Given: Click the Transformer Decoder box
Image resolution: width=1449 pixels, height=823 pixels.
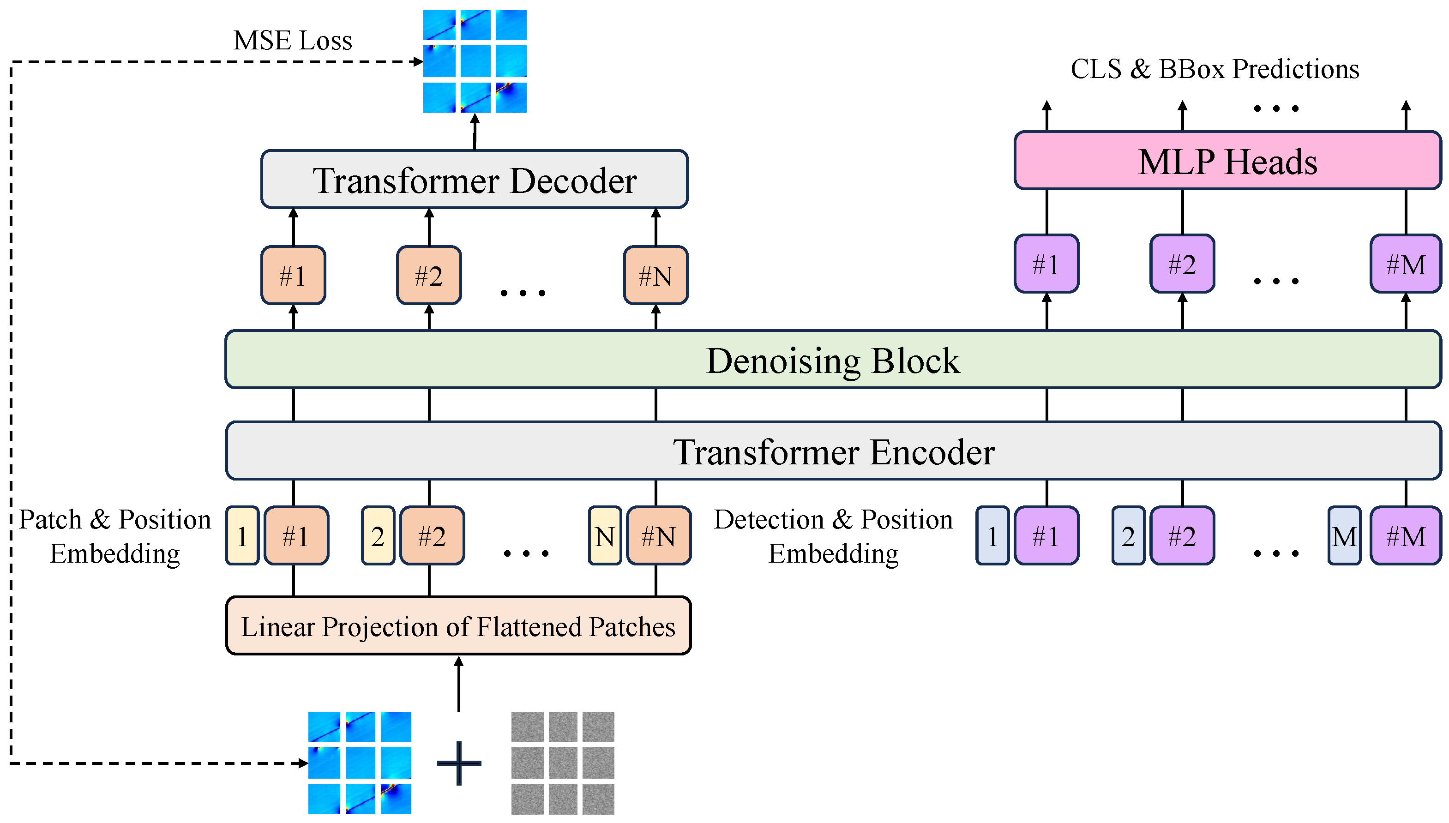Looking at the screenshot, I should [474, 180].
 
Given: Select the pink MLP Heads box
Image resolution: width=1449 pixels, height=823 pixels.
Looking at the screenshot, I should [1227, 161].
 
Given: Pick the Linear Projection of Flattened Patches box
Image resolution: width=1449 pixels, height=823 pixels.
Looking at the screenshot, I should [458, 626].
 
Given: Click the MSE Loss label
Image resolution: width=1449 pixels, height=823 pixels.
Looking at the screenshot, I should [292, 41].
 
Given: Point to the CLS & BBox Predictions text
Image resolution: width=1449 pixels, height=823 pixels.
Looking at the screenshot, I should [1214, 69].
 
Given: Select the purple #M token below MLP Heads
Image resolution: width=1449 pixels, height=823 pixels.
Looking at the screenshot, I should [1405, 264].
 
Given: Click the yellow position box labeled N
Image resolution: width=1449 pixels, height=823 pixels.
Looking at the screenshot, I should [604, 536].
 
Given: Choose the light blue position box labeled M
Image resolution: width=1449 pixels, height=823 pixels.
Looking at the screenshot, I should [1343, 536].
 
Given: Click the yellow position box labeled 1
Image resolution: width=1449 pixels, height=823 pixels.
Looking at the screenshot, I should [242, 536].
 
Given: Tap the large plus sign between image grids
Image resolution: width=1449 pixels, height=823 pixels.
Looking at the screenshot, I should [458, 763].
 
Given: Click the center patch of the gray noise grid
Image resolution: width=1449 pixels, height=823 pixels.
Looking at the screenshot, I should [562, 763].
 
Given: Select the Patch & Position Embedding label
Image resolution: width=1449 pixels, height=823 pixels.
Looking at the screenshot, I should [115, 536].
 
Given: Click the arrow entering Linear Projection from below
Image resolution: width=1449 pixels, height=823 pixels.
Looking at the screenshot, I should [458, 684].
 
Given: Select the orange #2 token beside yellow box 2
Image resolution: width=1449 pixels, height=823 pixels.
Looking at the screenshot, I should [432, 536].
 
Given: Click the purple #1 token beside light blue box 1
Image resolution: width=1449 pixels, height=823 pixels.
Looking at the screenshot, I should [1046, 536].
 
